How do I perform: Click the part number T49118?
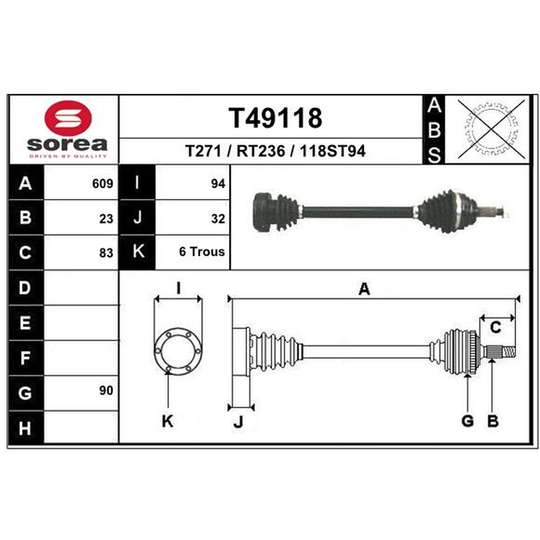coord(275,117)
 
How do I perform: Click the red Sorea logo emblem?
coord(68,117)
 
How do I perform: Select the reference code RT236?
coord(261,151)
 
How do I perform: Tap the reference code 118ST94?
coord(332,151)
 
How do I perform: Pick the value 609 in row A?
coord(103,184)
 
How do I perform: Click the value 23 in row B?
coord(106,219)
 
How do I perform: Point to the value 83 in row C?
coord(106,253)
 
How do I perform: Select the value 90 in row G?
coord(106,391)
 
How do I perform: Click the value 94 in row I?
coord(218,184)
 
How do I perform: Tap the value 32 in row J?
coord(218,219)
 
